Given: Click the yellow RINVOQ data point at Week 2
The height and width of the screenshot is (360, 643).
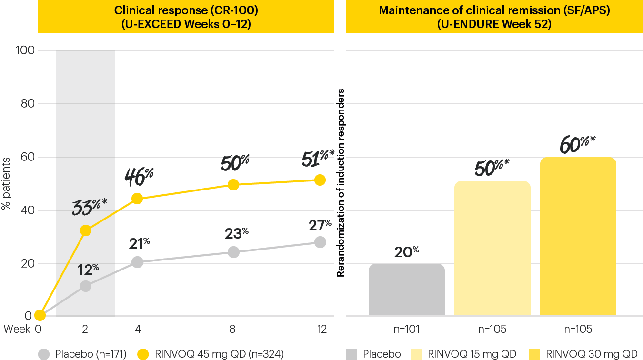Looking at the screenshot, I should pos(86,230).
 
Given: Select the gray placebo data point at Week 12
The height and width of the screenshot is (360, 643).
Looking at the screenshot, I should pos(320,242).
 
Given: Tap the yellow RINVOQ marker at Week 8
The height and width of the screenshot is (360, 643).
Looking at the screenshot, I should pos(233,185).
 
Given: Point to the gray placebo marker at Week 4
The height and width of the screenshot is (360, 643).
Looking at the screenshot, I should pos(137,262).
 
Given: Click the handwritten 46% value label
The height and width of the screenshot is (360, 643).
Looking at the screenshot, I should pos(139,177).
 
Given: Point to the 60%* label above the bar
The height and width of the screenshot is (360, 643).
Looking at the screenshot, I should pos(578,143).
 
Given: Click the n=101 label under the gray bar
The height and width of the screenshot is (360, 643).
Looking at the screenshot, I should pos(407,329).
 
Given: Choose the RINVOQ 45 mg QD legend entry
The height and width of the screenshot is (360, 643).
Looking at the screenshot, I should pos(212,354).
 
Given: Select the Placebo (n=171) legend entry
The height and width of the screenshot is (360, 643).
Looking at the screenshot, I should pos(83,354).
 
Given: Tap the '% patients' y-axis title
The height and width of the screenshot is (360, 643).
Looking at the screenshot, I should pos(6,183).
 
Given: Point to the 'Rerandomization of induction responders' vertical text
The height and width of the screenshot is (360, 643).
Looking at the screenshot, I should pos(341,183).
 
